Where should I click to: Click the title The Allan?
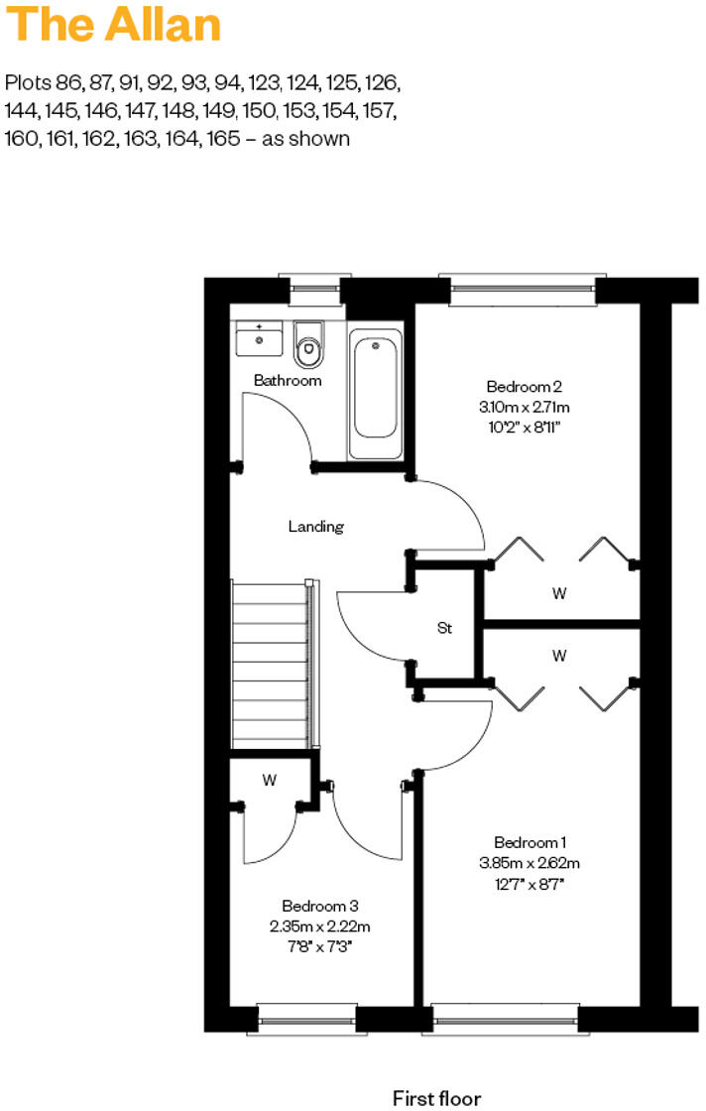coord(113,26)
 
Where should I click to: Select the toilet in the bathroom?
coord(309,343)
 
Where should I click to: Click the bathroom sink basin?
coord(260,339)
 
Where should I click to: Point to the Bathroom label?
coord(288,380)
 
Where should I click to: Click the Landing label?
coord(315,527)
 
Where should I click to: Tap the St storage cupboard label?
coord(445,628)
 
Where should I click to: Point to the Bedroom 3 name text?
coord(319,906)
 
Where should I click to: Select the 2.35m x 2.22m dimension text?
coord(319,926)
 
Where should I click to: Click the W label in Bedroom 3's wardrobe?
coord(269,780)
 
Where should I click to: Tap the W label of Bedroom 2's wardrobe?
coord(559,593)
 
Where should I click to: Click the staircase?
coord(271,665)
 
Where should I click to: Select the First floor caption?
coord(436,1097)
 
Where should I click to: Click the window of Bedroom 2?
coord(524,289)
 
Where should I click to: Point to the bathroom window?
coord(315,288)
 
